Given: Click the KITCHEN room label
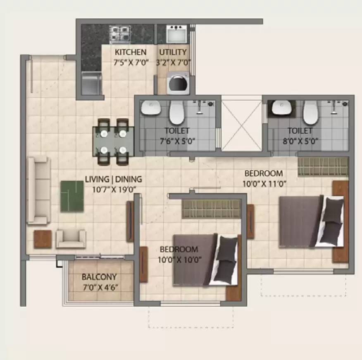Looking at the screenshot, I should pyautogui.click(x=130, y=52).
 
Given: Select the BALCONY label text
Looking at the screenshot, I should pyautogui.click(x=99, y=277).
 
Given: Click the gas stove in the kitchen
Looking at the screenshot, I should pyautogui.click(x=120, y=34).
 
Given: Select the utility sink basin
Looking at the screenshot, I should pyautogui.click(x=177, y=34).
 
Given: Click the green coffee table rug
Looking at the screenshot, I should pyautogui.click(x=72, y=196).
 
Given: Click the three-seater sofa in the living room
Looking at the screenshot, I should pyautogui.click(x=38, y=191).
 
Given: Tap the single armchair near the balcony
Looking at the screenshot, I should pyautogui.click(x=71, y=238).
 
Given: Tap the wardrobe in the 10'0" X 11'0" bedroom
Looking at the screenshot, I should pyautogui.click(x=323, y=166).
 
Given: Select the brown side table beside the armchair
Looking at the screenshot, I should pyautogui.click(x=43, y=239).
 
